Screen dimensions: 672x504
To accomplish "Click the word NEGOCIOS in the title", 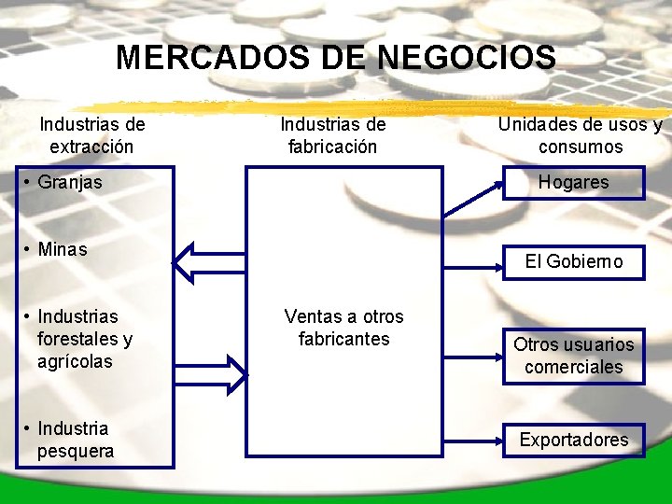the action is pos(467,58).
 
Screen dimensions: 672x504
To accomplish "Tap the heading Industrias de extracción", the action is pos(91,135).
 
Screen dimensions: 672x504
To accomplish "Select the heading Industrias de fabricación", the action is pos(333,135).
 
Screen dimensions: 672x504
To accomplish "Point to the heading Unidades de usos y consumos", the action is pos(580,135).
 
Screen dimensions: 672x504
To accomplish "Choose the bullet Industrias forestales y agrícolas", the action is pos(84,339).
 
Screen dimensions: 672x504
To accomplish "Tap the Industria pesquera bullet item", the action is pos(75,440).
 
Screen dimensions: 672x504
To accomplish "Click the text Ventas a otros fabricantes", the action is pos(343,328).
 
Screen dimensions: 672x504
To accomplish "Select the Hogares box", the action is pos(573,183).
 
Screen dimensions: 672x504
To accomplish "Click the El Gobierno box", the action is pos(573,261).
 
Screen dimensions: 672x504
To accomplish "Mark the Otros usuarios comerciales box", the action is pos(573,356).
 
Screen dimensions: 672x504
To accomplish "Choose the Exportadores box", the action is pos(573,440).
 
